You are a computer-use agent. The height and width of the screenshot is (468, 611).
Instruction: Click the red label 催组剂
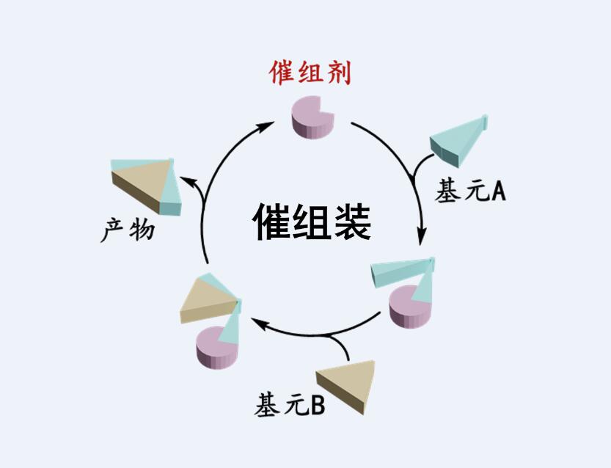click(x=311, y=73)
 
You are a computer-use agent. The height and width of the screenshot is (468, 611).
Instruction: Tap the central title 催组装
click(x=312, y=221)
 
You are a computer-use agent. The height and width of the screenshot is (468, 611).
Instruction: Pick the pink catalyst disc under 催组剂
click(x=312, y=117)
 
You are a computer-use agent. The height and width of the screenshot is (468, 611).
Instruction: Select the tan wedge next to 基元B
click(x=349, y=382)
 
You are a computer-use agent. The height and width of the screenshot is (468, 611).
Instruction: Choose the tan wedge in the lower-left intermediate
click(x=207, y=298)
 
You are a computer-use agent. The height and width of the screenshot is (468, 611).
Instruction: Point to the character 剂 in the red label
click(x=338, y=73)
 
